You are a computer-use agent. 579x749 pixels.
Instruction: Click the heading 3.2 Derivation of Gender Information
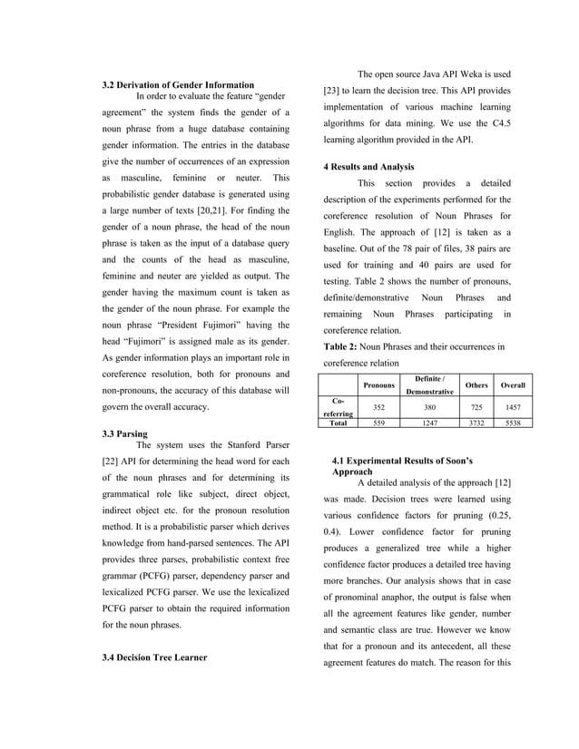click(x=177, y=84)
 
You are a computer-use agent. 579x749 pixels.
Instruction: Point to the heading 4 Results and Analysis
click(x=368, y=167)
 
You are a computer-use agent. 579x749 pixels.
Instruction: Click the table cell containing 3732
click(x=476, y=423)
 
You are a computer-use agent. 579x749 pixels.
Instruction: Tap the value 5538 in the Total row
click(x=514, y=423)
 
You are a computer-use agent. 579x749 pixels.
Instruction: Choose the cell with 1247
click(x=430, y=423)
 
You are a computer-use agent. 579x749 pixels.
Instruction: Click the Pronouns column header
click(x=379, y=385)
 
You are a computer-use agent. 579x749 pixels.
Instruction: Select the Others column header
click(x=476, y=385)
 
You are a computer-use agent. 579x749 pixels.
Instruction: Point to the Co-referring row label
click(x=339, y=406)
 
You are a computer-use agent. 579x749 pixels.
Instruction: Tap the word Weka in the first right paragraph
click(x=476, y=74)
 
